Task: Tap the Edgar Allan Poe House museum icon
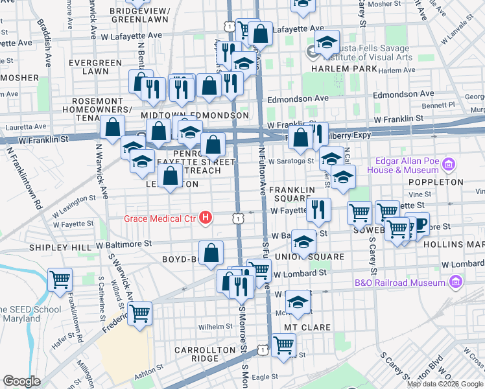pos(447,165)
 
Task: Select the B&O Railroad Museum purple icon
pos(455,283)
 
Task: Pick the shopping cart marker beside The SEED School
pos(60,280)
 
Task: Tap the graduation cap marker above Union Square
pos(303,242)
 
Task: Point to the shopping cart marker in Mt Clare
pos(283,346)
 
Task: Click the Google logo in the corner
pos(22,381)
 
